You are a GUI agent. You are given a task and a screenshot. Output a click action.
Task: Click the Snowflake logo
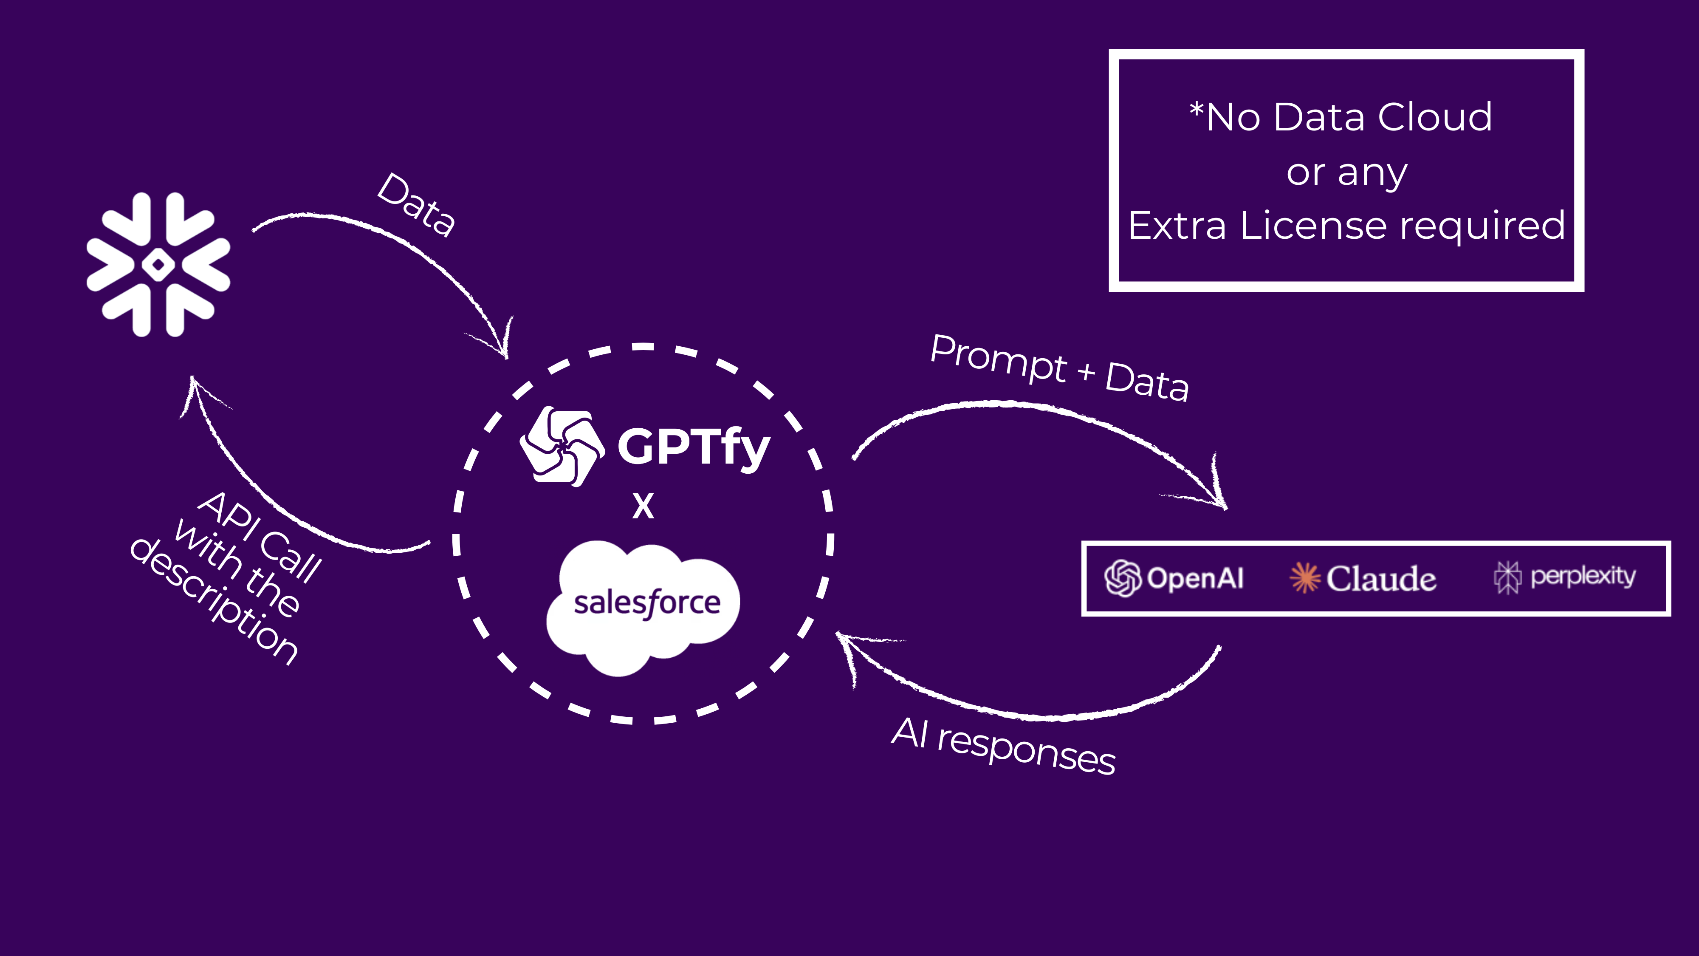158,265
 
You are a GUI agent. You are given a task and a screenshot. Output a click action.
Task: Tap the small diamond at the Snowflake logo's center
158,265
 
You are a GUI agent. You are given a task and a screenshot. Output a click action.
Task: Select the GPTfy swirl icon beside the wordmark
562,447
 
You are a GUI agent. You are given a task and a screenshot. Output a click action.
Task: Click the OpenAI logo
1174,578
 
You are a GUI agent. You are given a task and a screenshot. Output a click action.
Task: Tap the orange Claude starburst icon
1304,578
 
